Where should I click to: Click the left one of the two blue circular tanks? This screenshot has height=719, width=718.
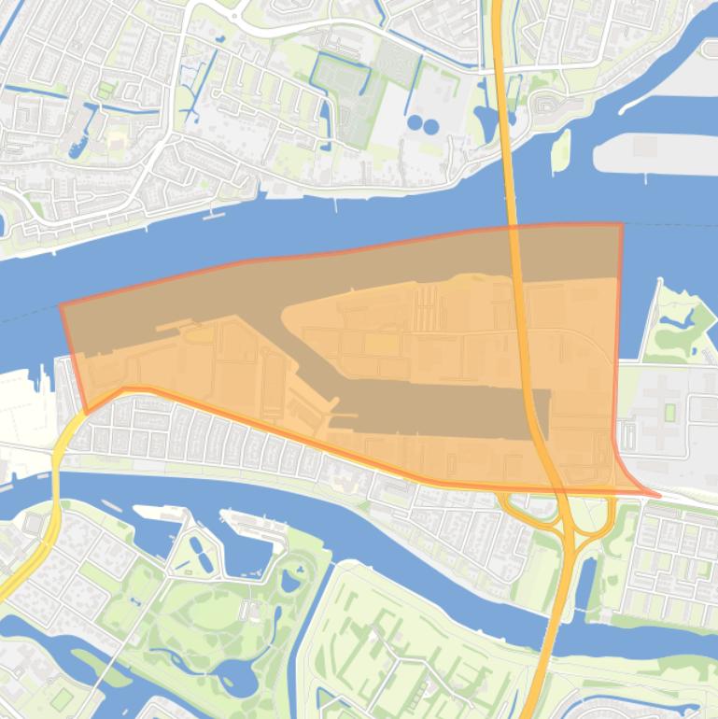tap(415, 122)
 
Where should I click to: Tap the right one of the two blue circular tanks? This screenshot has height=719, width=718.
tap(430, 126)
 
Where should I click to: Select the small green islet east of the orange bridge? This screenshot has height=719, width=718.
tap(560, 151)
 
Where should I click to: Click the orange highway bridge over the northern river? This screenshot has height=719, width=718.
tap(511, 187)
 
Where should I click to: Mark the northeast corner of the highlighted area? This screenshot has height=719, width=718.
tap(621, 224)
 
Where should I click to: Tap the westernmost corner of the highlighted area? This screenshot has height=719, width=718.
tap(62, 305)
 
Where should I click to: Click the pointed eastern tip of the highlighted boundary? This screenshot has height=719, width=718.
tap(657, 496)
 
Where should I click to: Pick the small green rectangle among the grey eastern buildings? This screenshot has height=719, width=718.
tap(669, 412)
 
